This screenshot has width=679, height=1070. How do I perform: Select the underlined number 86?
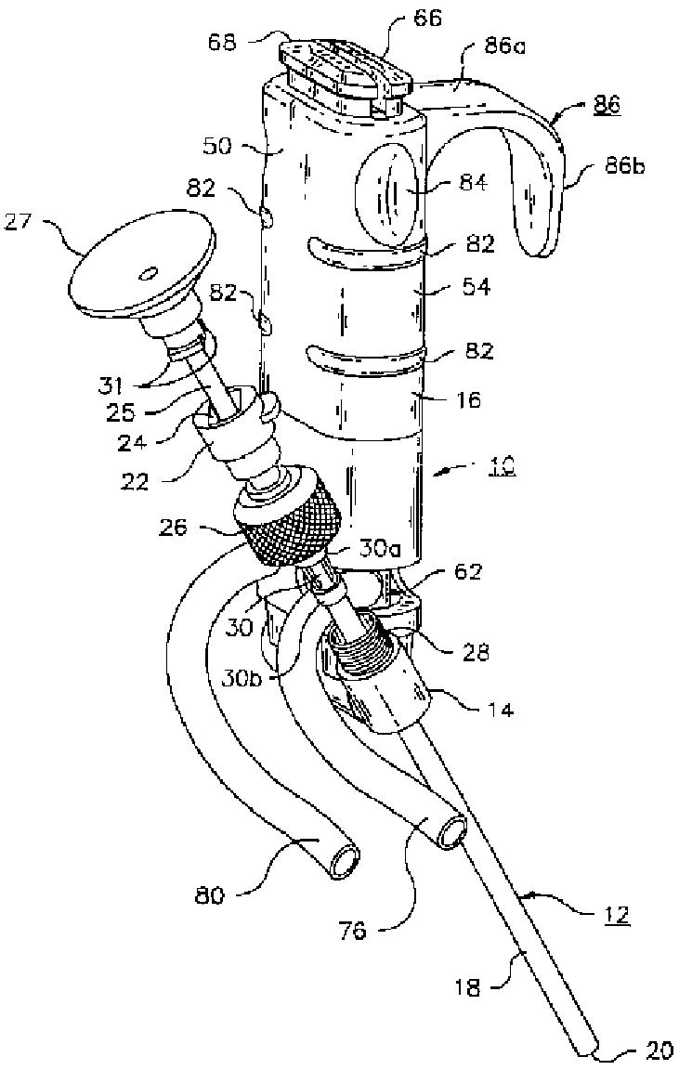click(x=607, y=107)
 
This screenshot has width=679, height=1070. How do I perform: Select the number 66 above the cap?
click(x=430, y=18)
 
